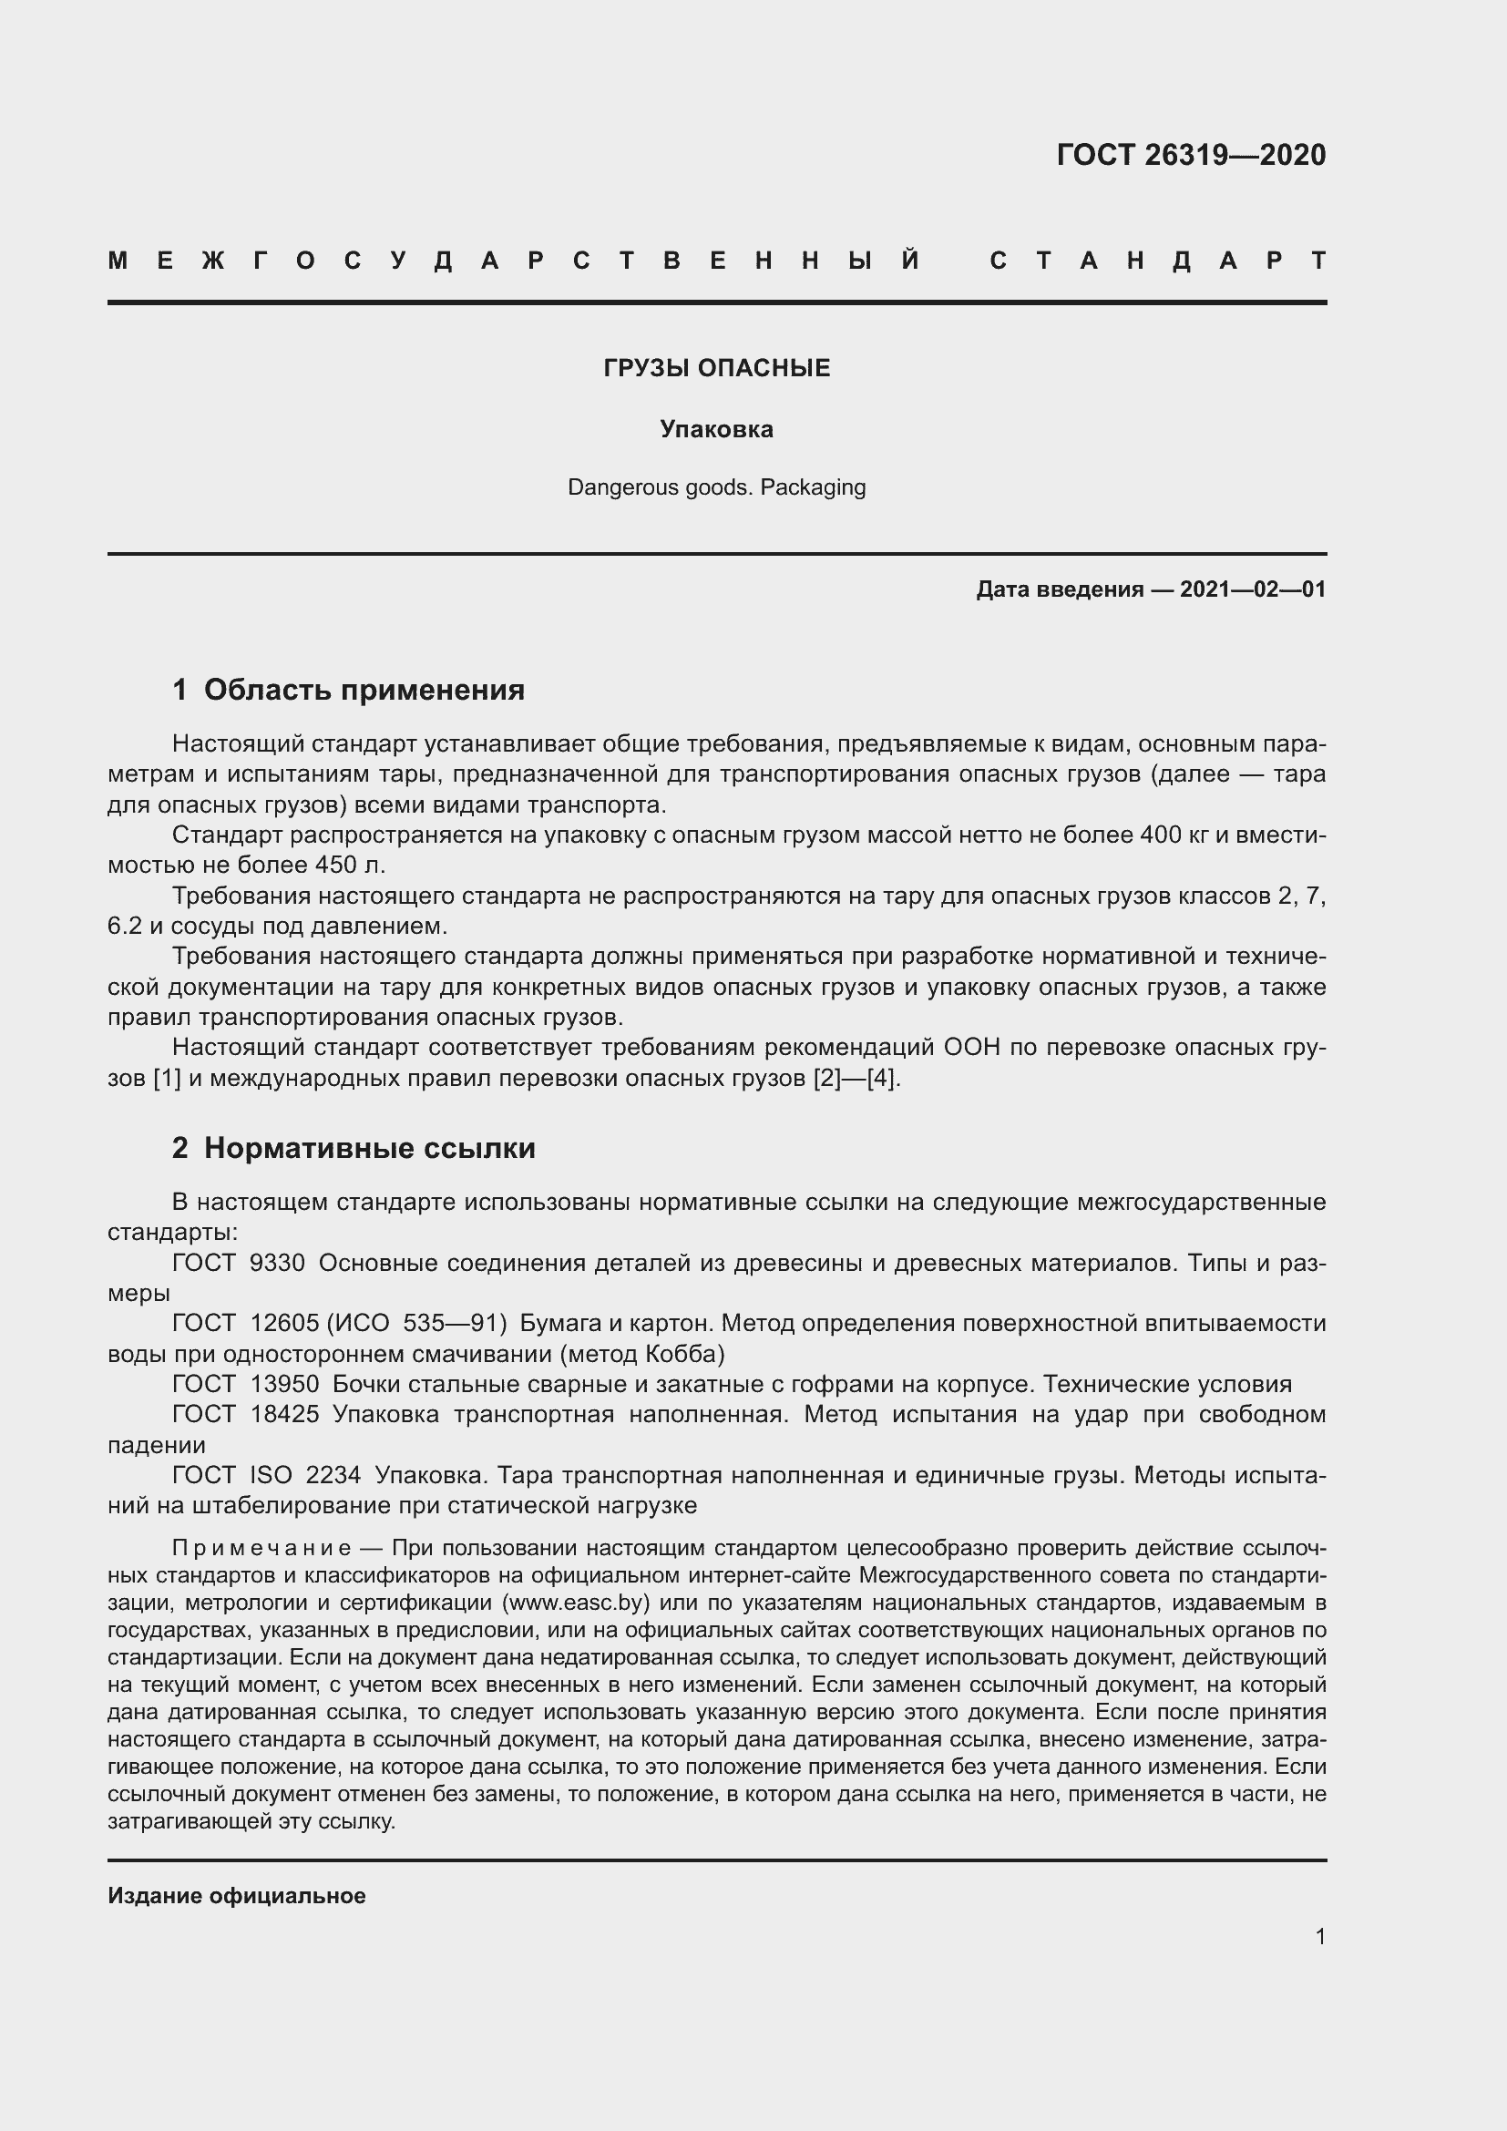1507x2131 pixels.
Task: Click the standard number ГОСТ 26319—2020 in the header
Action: click(x=1191, y=154)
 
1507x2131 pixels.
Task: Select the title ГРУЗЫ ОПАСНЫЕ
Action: click(x=716, y=368)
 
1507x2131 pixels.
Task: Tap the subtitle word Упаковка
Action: click(x=716, y=429)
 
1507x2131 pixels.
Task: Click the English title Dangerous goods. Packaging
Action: click(x=716, y=487)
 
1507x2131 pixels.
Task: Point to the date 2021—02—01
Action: click(x=1252, y=589)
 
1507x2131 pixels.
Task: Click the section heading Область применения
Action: click(x=364, y=690)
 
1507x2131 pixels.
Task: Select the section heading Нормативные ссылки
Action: click(x=369, y=1148)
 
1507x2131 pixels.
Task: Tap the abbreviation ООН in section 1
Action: click(x=971, y=1048)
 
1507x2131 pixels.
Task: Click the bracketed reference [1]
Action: click(x=167, y=1079)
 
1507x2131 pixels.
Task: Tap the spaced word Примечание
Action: click(x=261, y=1548)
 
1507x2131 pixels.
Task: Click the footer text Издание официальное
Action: click(x=237, y=1896)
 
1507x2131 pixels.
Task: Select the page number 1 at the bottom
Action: click(x=1319, y=1937)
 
